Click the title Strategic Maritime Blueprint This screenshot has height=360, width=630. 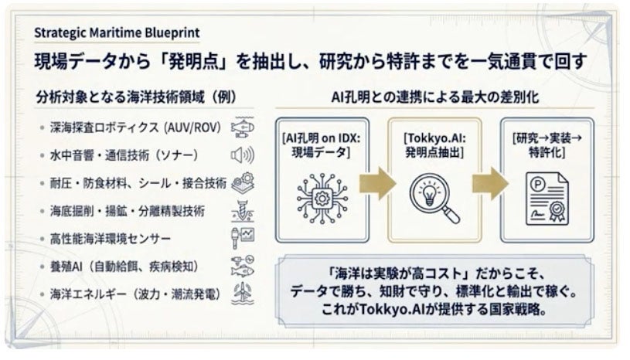pos(117,32)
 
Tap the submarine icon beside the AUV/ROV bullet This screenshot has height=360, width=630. pos(243,127)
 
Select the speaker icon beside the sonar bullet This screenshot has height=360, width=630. pos(242,155)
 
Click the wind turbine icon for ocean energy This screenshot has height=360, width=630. pos(242,294)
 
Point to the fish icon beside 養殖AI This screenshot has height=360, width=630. pos(243,267)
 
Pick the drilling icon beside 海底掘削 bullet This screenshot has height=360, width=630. pos(243,211)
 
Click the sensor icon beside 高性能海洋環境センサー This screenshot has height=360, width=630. pos(243,239)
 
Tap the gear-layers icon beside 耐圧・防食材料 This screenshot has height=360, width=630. pos(243,183)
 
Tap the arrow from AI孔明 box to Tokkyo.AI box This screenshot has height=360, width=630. pos(378,183)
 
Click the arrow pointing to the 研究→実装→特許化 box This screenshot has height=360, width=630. pos(489,183)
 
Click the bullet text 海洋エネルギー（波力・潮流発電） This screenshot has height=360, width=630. pos(136,294)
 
